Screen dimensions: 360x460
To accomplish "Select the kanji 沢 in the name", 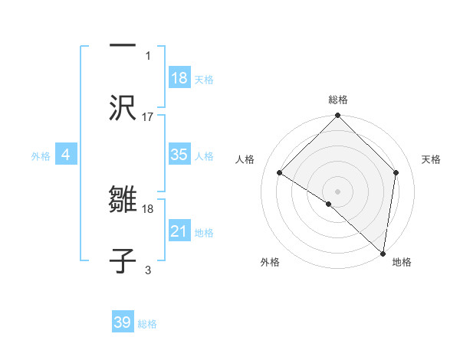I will tap(123, 107).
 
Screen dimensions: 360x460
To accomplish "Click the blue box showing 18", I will tap(179, 78).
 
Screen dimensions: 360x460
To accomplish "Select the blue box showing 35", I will tap(179, 155).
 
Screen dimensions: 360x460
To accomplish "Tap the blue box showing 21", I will tap(179, 231).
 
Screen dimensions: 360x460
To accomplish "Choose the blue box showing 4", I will tap(66, 155).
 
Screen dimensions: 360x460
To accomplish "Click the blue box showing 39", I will tap(123, 322).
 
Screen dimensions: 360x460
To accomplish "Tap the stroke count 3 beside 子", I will tap(148, 269).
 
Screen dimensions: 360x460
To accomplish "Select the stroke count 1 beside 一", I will tap(148, 55).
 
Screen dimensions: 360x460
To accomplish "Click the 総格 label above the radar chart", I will tap(337, 100).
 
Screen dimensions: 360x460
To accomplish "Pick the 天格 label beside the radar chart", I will tap(432, 159).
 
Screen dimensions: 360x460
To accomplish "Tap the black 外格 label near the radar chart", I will tap(270, 262).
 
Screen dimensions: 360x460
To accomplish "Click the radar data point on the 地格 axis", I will tap(383, 253).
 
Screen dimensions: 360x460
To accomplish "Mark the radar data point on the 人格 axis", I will tap(280, 173).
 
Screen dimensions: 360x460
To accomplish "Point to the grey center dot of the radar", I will tap(337, 191).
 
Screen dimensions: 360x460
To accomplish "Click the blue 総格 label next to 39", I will tap(147, 324).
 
